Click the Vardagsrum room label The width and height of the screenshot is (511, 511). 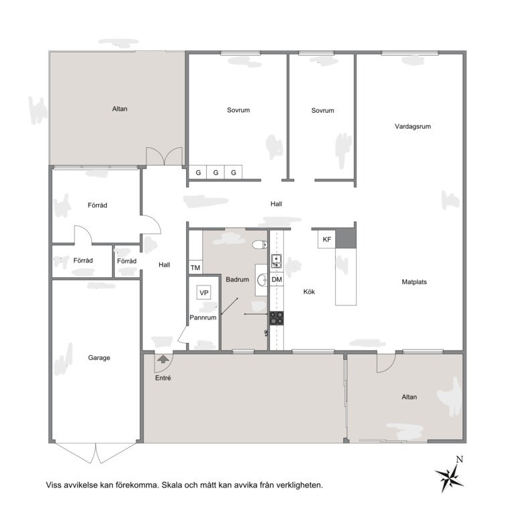pyautogui.click(x=412, y=126)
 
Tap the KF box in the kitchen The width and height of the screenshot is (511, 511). pyautogui.click(x=326, y=240)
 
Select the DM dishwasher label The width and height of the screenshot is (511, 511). pyautogui.click(x=277, y=279)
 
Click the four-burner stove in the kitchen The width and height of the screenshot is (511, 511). pyautogui.click(x=277, y=318)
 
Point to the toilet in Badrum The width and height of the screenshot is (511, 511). pyautogui.click(x=260, y=244)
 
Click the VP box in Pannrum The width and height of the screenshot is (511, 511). pyautogui.click(x=203, y=293)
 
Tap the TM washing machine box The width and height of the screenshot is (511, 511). pyautogui.click(x=195, y=267)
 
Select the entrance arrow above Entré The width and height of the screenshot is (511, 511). pyautogui.click(x=163, y=359)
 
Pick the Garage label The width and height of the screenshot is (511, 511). pyautogui.click(x=99, y=357)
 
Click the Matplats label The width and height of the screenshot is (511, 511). pyautogui.click(x=414, y=282)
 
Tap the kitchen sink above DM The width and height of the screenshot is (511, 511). pyautogui.click(x=277, y=261)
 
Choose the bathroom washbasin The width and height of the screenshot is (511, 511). pyautogui.click(x=262, y=280)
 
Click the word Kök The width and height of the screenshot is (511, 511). pyautogui.click(x=309, y=291)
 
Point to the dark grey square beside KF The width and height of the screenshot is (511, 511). pyautogui.click(x=345, y=238)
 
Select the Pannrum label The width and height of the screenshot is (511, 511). pyautogui.click(x=203, y=318)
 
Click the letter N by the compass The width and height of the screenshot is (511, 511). pyautogui.click(x=459, y=459)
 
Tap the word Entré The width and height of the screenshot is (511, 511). pyautogui.click(x=163, y=378)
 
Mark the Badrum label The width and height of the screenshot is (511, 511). pyautogui.click(x=237, y=279)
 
